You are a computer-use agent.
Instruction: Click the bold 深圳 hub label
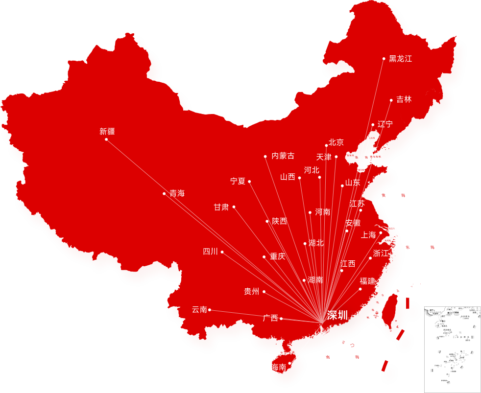click(337, 315)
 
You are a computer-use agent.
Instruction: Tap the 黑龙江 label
click(400, 59)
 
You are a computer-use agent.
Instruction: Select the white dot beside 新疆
click(106, 139)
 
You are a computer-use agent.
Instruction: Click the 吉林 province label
click(404, 100)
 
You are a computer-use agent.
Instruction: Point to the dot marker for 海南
click(289, 363)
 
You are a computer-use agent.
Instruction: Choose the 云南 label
click(199, 309)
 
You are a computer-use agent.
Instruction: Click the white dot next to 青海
click(164, 193)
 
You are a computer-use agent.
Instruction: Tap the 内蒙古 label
click(283, 156)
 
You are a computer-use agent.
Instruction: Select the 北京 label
click(336, 143)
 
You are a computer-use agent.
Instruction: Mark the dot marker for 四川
click(222, 252)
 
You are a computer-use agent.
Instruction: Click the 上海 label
click(368, 235)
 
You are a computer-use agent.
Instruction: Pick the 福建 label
click(367, 281)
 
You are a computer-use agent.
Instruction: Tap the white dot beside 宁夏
click(249, 181)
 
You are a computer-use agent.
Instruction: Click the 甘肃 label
click(221, 207)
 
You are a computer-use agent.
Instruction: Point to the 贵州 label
click(251, 292)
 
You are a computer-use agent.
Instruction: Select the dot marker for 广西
click(281, 319)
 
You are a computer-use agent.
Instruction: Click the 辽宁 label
click(385, 124)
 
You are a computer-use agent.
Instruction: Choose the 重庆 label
click(277, 256)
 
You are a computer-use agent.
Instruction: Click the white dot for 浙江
click(370, 258)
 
